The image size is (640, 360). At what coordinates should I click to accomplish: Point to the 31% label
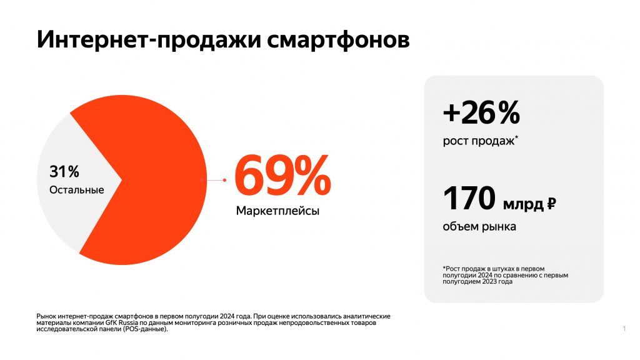64,171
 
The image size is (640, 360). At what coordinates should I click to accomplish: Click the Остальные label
76,189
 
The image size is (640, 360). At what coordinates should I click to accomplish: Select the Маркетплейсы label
277,211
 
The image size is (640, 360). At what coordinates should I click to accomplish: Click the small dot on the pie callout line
224,180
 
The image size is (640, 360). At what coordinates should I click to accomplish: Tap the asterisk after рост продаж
516,137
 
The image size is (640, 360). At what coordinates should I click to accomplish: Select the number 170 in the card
469,199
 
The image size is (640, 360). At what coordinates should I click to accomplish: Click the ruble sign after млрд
551,203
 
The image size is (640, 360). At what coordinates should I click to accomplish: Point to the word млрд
523,204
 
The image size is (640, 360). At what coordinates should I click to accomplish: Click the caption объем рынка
479,226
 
